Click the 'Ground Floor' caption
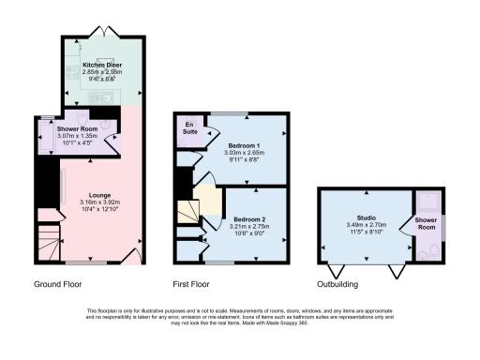[x=56, y=282]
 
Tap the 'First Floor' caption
[x=195, y=282]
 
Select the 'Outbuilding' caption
[x=344, y=282]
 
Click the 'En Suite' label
[x=188, y=127]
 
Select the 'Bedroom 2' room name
[x=249, y=218]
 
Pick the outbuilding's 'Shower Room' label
[x=427, y=222]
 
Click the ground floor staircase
[x=46, y=239]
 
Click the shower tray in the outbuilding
[x=429, y=202]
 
